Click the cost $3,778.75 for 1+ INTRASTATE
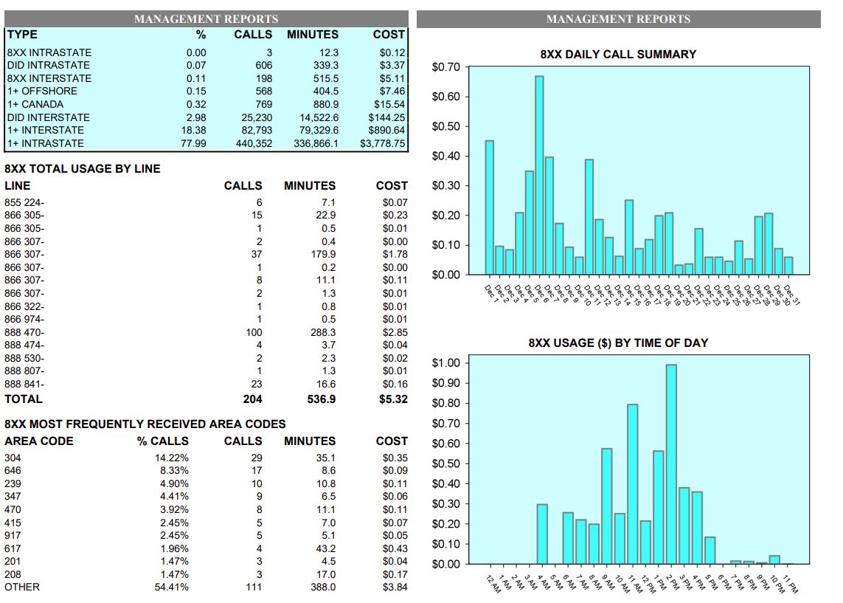pos(382,143)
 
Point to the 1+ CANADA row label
pos(35,104)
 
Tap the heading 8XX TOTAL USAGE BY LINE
pos(83,168)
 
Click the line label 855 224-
pos(24,202)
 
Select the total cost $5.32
pos(392,399)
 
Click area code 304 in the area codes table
pos(13,458)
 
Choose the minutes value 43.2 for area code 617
pos(325,548)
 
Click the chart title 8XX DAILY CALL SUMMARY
pos(618,54)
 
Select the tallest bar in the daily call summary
pos(539,175)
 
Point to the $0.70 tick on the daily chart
pos(445,67)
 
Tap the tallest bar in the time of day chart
pos(671,464)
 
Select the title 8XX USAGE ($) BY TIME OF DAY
pos(618,342)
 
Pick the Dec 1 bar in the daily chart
pos(489,207)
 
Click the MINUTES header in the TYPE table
pos(313,34)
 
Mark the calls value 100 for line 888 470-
pos(254,332)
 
